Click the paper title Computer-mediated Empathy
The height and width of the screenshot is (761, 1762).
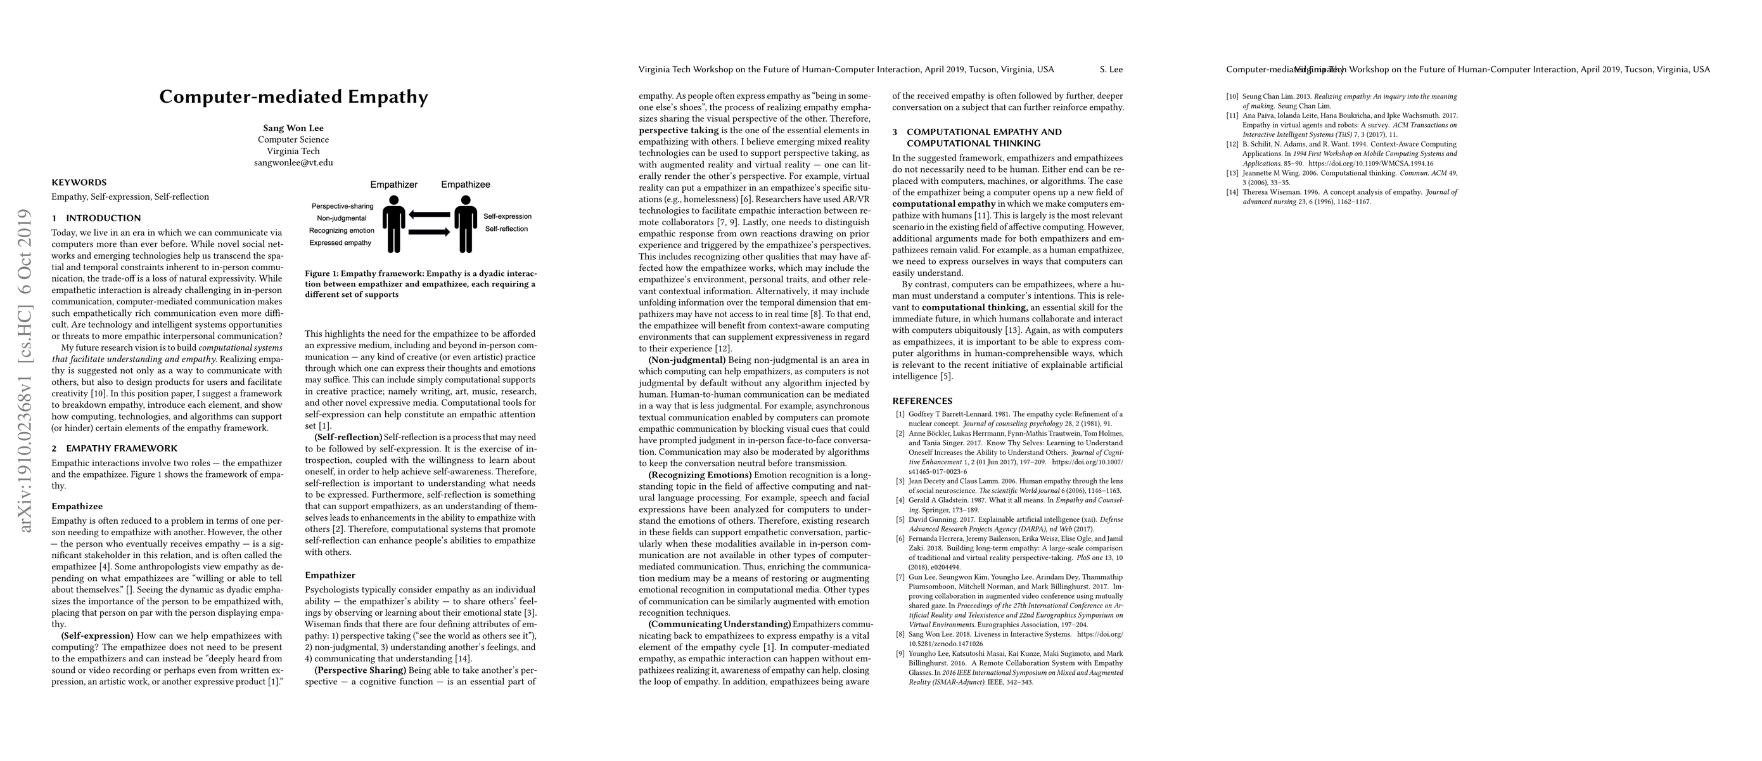293,96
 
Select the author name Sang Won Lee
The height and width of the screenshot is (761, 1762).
293,128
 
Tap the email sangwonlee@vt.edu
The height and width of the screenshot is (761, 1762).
293,163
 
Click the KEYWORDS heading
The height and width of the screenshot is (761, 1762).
79,183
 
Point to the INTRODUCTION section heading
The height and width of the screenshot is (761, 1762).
103,218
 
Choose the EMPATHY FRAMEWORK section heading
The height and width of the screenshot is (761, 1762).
122,449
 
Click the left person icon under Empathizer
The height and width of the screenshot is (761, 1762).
394,224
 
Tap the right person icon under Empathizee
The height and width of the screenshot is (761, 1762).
466,224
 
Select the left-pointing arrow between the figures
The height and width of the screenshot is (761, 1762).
430,215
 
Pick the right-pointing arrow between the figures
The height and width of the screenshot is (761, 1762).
430,233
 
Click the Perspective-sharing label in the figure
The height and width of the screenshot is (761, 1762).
342,206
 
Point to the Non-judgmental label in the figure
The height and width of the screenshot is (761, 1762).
342,218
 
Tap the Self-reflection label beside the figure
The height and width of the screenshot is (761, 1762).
506,228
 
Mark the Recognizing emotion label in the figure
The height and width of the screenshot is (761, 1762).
342,231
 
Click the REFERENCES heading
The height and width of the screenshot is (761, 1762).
922,401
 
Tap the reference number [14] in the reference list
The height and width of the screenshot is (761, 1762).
1232,192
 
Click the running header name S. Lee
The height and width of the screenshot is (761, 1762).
1111,69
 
